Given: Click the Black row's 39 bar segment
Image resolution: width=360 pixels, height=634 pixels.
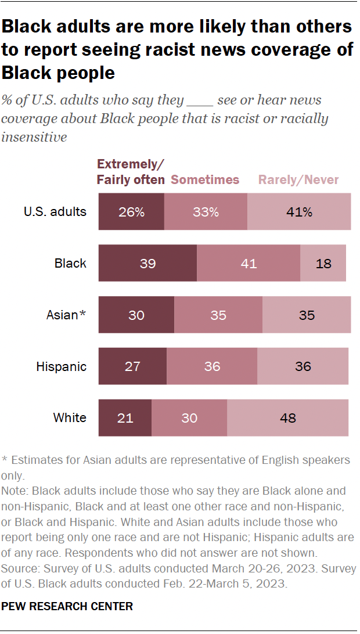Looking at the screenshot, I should [x=147, y=264].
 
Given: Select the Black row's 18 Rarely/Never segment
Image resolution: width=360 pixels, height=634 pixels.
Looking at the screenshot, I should [x=323, y=264].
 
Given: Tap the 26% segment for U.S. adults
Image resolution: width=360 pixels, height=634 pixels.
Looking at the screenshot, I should [x=131, y=212].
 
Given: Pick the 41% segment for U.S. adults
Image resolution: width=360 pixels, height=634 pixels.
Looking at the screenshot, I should [x=299, y=212].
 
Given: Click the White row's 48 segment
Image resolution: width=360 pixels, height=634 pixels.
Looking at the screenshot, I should [x=287, y=417].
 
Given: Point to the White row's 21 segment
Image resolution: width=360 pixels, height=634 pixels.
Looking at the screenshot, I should [x=125, y=417].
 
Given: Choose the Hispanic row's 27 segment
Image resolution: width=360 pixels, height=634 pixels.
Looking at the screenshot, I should [x=132, y=366].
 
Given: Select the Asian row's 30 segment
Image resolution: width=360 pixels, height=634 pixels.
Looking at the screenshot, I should [x=136, y=315].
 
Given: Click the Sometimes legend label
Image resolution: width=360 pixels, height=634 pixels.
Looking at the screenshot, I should [x=205, y=180].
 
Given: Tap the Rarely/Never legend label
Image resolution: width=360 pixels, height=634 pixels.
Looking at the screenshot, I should [x=298, y=180].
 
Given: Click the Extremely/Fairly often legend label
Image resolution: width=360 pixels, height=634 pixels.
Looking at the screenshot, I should [x=131, y=172].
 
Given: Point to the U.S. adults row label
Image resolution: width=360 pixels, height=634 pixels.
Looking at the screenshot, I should [x=55, y=211].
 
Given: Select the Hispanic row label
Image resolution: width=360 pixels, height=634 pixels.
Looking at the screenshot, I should [x=61, y=366].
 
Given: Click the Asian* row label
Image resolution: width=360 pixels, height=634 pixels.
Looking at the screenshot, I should [x=66, y=315].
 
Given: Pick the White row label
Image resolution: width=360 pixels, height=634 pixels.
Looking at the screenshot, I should [x=70, y=417].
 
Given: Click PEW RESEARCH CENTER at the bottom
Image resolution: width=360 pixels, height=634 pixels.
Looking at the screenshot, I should [x=67, y=606].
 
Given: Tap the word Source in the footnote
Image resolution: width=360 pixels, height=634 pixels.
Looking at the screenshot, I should [x=18, y=569].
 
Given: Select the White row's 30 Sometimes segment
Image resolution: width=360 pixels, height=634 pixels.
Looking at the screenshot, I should [x=189, y=417].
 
